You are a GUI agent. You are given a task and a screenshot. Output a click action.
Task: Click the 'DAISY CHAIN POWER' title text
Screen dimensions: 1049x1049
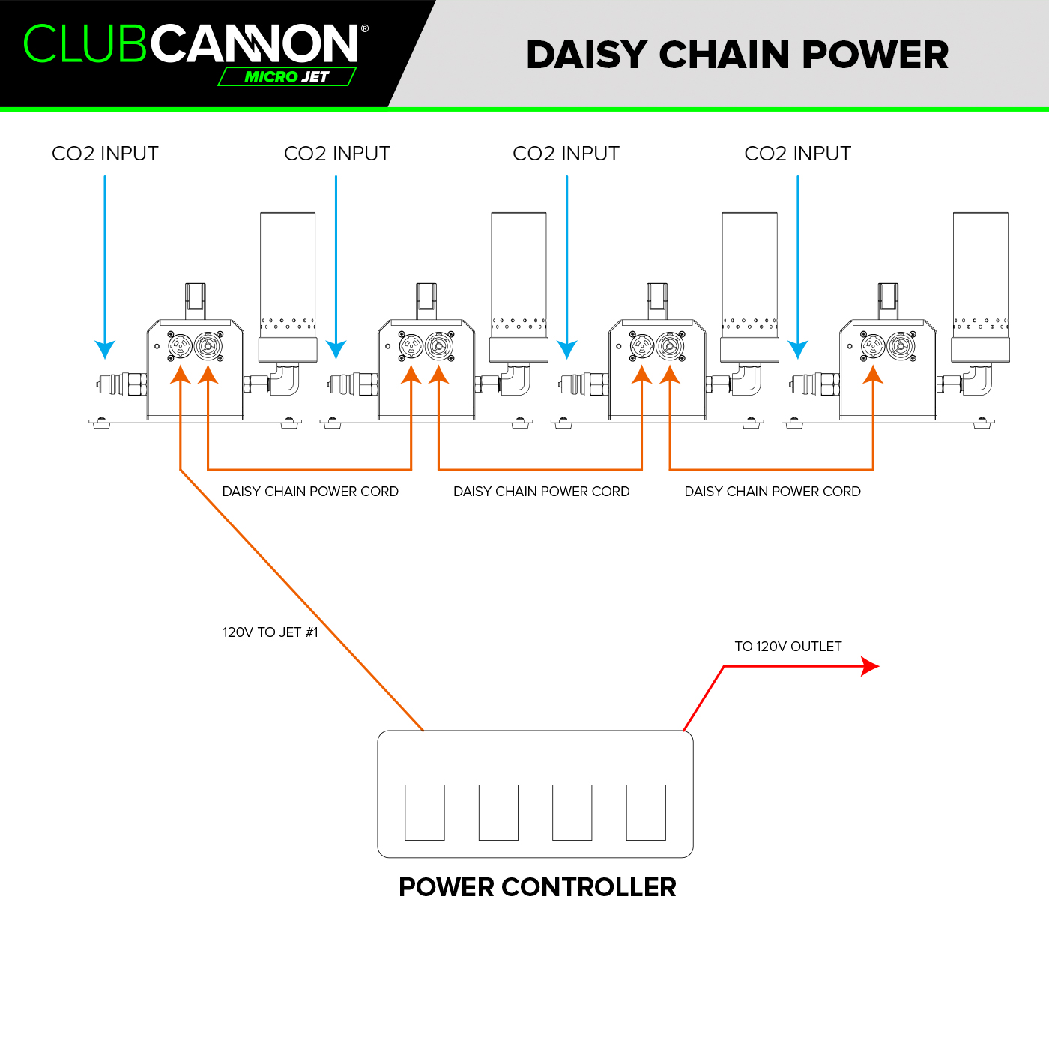[x=737, y=55]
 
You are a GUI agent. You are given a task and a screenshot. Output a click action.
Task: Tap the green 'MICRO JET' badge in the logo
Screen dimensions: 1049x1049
[x=287, y=76]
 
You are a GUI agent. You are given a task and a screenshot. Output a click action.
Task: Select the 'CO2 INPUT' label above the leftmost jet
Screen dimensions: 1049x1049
[x=105, y=154]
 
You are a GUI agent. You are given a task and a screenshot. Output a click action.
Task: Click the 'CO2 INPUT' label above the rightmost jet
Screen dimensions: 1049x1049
[x=797, y=154]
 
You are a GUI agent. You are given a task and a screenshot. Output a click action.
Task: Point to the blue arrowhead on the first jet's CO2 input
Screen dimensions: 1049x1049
[x=105, y=349]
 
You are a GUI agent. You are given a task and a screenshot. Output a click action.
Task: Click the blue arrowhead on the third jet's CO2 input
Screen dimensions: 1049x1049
[x=566, y=349]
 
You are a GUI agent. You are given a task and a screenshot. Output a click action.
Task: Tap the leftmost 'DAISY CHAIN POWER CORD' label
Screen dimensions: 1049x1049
[x=310, y=492]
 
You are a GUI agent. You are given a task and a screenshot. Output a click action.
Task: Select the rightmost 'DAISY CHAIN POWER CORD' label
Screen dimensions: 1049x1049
[x=773, y=492]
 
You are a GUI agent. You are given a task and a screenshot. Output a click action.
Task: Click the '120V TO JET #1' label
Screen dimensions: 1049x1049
[x=270, y=632]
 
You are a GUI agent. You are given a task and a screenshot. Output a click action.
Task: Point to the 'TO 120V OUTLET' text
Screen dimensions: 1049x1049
[x=787, y=646]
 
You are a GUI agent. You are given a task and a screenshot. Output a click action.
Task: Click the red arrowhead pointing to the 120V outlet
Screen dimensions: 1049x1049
[x=870, y=666]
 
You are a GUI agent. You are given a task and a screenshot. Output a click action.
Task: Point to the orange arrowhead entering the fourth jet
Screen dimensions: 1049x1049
[x=873, y=375]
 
